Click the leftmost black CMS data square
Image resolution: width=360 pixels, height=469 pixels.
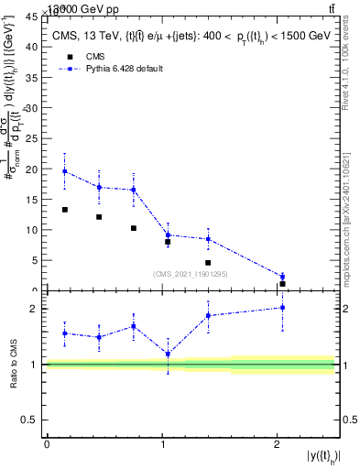[64, 210]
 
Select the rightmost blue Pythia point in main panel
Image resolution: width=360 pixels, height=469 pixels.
[282, 276]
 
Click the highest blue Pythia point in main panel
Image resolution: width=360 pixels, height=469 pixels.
[64, 171]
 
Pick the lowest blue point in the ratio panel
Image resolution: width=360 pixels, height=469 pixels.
[168, 354]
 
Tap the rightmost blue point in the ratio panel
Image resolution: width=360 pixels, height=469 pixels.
[282, 308]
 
